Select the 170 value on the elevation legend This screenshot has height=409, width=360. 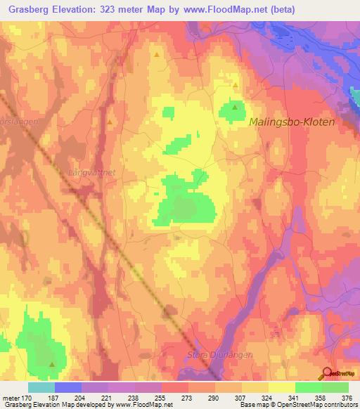pyautogui.click(x=27, y=398)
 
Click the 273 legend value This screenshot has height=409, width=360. pyautogui.click(x=188, y=398)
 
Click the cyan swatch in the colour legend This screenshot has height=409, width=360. pyautogui.click(x=41, y=387)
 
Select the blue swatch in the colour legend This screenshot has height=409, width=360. pyautogui.click(x=68, y=387)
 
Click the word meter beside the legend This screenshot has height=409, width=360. pyautogui.click(x=10, y=398)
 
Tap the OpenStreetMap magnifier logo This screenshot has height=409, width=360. pyautogui.click(x=327, y=373)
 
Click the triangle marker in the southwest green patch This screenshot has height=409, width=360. pyautogui.click(x=52, y=364)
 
